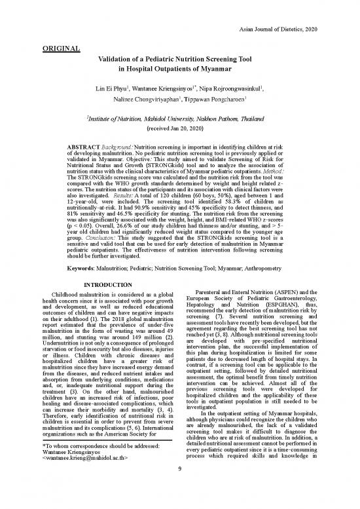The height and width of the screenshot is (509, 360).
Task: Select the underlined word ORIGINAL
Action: coord(60,48)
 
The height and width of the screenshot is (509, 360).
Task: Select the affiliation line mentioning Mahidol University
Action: coord(181,119)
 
